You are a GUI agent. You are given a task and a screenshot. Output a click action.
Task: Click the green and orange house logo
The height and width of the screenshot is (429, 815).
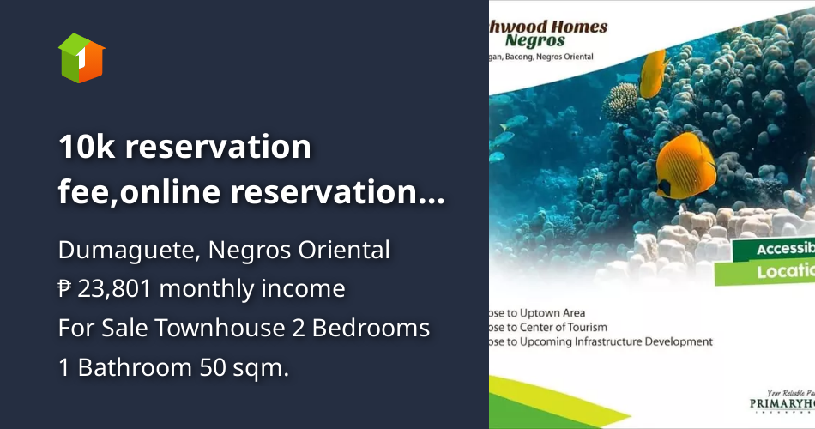pos(81,57)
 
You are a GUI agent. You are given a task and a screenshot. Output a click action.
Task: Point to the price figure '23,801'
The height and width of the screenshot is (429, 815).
pos(114,288)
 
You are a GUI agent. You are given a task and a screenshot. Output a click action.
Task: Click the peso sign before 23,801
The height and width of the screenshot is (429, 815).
pos(65,288)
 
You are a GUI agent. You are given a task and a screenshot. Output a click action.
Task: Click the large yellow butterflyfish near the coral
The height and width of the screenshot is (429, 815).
pos(685,162)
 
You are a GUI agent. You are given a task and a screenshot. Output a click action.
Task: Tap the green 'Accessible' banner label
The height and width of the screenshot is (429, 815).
pos(784,250)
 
